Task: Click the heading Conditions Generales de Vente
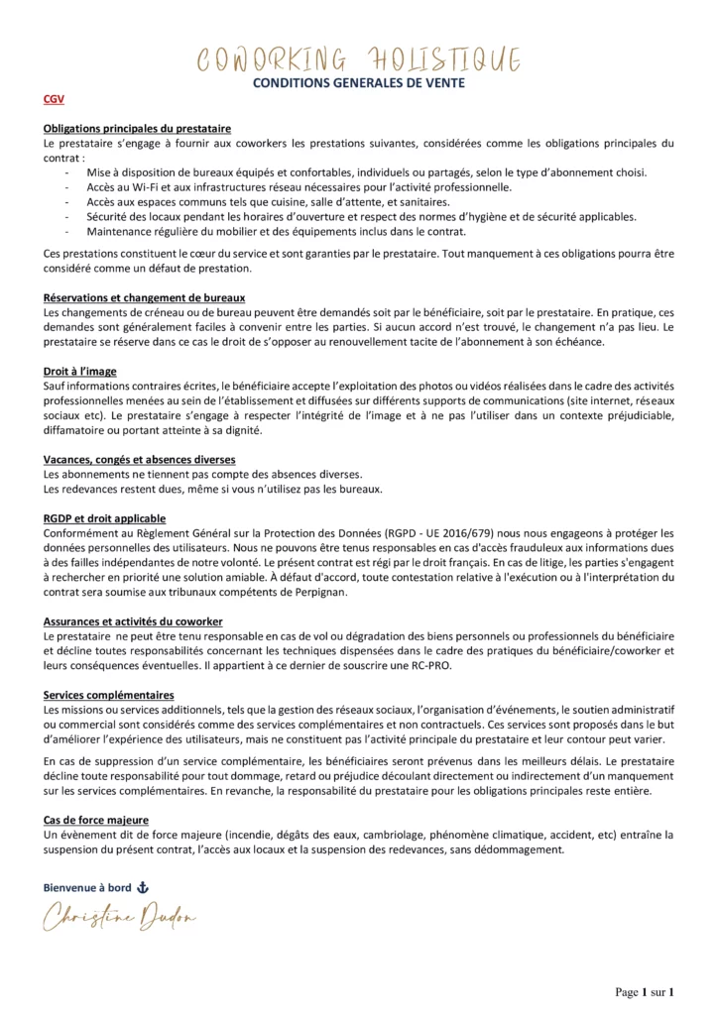point(359,83)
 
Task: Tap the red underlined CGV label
point(54,100)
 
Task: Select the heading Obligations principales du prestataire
point(138,129)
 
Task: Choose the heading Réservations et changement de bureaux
point(145,297)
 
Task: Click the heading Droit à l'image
point(78,370)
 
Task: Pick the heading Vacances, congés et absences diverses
point(139,460)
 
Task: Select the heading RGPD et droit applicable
point(105,518)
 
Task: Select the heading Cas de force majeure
point(96,820)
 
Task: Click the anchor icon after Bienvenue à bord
point(143,887)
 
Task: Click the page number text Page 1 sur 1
point(646,991)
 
